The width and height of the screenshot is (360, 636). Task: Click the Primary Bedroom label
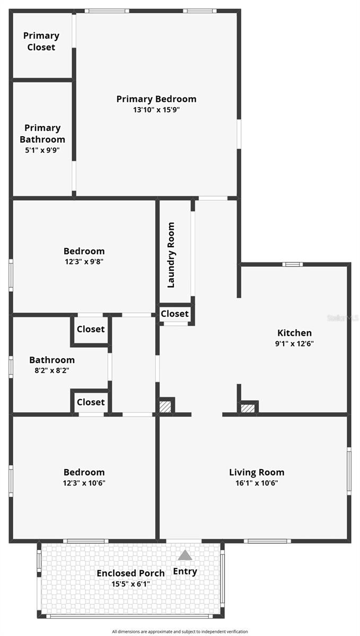tap(156, 99)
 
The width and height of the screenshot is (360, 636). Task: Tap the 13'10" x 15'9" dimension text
tap(156, 110)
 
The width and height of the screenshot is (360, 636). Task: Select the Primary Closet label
tap(41, 41)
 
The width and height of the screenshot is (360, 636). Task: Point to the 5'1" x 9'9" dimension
tap(42, 150)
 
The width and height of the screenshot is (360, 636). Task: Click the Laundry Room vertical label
tap(171, 255)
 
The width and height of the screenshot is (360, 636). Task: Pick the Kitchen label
tap(294, 332)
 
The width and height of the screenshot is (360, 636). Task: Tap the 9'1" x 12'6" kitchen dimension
tap(294, 343)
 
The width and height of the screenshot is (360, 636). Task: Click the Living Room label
tap(257, 472)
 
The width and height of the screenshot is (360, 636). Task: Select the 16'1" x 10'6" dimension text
tap(257, 483)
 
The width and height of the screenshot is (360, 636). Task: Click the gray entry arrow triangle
tap(185, 555)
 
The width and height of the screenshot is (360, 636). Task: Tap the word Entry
tap(185, 571)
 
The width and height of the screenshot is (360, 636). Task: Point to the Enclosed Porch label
tap(131, 573)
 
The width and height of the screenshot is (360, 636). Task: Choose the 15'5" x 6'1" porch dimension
tap(131, 584)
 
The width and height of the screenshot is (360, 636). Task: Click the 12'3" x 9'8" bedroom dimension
tap(84, 261)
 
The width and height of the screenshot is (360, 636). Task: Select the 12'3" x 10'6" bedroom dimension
tap(84, 483)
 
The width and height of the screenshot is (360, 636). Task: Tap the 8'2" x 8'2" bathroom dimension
tap(52, 370)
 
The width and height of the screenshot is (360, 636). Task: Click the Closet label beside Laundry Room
tap(174, 314)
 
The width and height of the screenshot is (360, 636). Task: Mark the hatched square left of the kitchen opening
tap(165, 407)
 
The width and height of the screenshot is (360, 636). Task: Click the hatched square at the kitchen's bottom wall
tap(248, 408)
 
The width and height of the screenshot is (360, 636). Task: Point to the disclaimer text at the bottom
tap(180, 631)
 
